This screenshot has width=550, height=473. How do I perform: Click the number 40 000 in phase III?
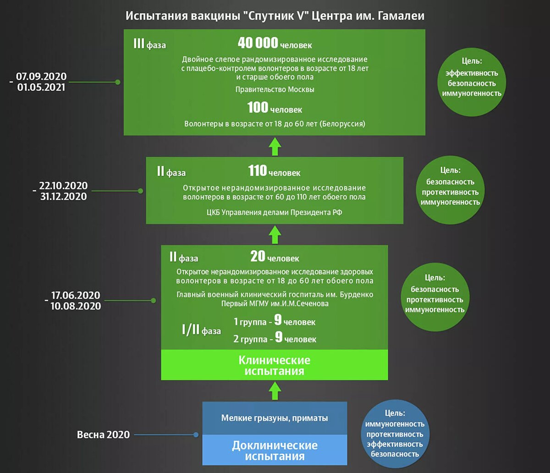[x=258, y=43]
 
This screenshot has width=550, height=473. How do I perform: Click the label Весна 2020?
[x=103, y=434]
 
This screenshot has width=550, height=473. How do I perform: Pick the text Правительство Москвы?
[x=275, y=89]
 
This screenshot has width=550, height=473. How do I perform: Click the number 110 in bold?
[x=258, y=171]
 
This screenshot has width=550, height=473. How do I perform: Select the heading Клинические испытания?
[x=274, y=365]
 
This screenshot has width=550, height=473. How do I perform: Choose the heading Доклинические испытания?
[x=275, y=451]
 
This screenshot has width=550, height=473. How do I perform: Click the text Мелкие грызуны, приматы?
[x=275, y=418]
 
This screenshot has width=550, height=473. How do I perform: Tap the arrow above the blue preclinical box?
[x=275, y=391]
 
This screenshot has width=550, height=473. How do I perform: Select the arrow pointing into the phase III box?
[x=275, y=146]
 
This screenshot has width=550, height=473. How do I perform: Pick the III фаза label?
[x=149, y=45]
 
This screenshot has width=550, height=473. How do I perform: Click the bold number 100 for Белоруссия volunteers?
[x=258, y=108]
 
